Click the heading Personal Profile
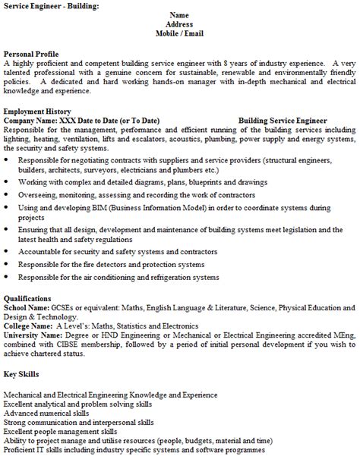pos(31,55)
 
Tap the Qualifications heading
pos(28,299)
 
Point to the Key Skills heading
pos(22,374)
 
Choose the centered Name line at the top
pos(179,15)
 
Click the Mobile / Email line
pos(179,33)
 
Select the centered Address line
pos(179,24)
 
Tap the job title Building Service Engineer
pos(283,121)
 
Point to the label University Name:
pos(35,335)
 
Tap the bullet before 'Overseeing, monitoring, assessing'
pos(7,195)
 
